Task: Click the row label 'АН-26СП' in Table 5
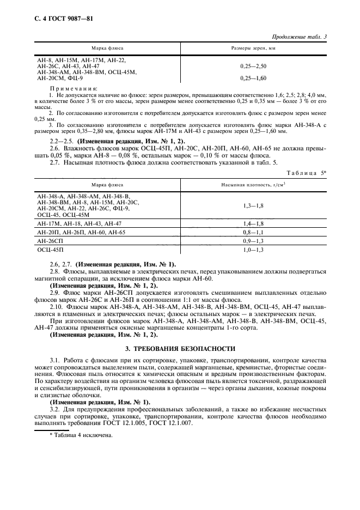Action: coord(51,240)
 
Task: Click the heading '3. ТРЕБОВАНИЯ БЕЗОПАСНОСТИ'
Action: coord(180,348)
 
